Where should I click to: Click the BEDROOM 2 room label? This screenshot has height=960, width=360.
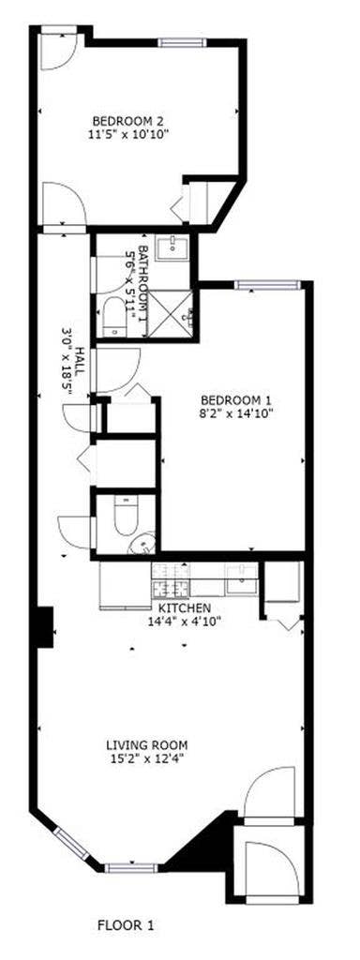[x=128, y=120]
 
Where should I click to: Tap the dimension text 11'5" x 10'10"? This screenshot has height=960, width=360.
[x=128, y=133]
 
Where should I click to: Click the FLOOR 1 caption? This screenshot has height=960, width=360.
[x=126, y=925]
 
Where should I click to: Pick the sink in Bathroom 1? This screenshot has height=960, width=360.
[x=174, y=248]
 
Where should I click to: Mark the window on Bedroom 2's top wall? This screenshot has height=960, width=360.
[x=178, y=42]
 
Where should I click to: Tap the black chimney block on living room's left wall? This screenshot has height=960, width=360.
[x=43, y=627]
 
